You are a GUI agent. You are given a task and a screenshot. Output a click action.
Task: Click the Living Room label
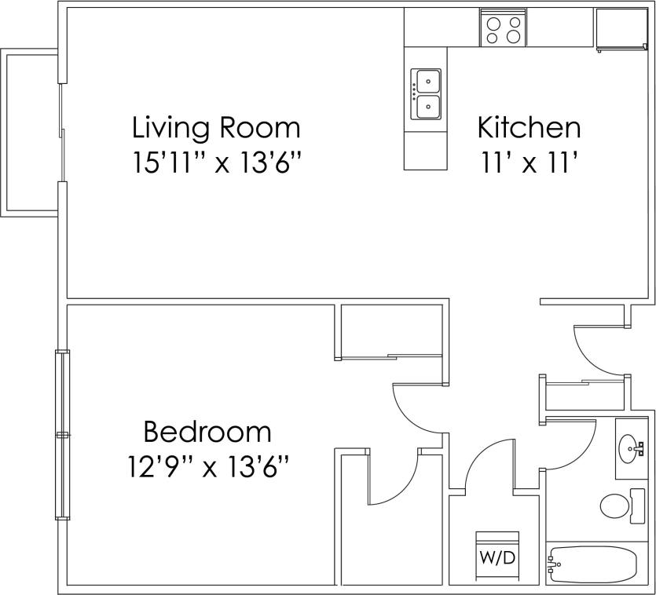216,127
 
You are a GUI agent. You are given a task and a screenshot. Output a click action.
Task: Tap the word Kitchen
529,127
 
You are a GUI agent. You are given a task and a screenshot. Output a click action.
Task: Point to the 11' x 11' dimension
529,163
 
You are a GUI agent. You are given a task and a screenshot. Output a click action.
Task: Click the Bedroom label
207,432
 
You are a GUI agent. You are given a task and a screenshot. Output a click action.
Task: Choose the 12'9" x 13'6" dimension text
207,468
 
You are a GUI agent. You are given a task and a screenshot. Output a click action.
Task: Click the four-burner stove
503,30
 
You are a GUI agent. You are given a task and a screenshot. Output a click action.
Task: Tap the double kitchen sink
426,93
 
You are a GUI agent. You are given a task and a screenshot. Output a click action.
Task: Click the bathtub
593,564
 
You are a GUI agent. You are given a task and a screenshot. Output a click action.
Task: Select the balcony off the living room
30,132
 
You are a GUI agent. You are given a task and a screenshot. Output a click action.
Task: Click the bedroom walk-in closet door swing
393,480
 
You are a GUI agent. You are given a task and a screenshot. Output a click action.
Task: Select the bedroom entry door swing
416,408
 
